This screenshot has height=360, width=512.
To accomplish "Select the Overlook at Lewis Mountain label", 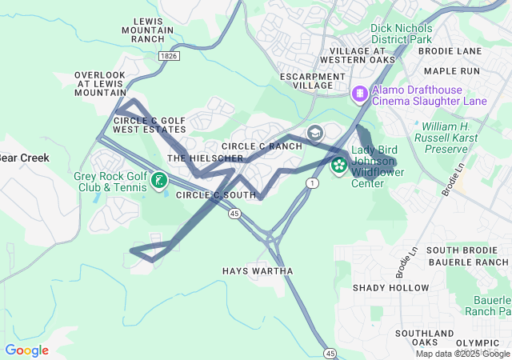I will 100,84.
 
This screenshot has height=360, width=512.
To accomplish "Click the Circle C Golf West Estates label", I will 149,124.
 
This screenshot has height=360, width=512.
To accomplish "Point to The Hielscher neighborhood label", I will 205,158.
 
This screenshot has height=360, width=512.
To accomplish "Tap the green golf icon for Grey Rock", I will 159,181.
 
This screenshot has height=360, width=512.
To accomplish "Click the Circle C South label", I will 216,195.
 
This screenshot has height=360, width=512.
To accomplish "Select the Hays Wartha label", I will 258,271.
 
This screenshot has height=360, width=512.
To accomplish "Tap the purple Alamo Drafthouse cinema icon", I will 361,94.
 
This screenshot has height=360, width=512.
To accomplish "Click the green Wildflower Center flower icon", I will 339,166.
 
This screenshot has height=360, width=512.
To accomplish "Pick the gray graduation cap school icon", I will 315,133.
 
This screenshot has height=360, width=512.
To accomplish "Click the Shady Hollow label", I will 391,287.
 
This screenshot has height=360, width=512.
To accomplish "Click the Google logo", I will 26,350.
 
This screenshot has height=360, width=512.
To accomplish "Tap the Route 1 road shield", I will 309,183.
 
